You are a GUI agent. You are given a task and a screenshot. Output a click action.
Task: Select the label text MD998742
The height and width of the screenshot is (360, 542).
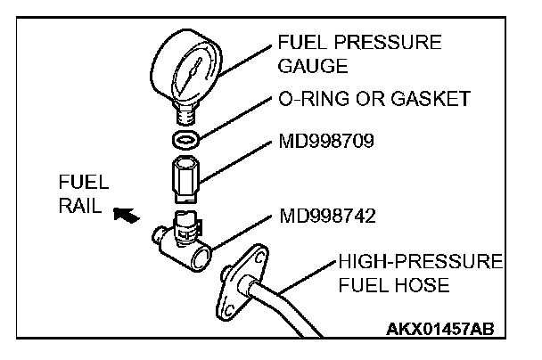pos(325,217)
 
